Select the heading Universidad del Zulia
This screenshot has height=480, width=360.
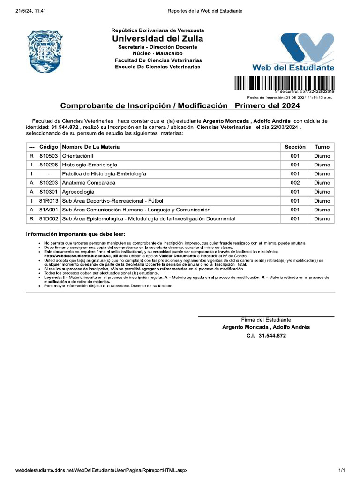[x=158, y=38]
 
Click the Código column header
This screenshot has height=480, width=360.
[x=49, y=147]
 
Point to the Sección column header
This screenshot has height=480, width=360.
[x=295, y=147]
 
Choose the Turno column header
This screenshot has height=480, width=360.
[x=322, y=147]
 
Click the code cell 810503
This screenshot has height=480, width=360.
[x=49, y=156]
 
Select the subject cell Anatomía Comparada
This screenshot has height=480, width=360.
[x=89, y=183]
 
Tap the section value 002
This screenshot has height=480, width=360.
[x=295, y=183]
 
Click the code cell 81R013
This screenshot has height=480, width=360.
[x=49, y=201]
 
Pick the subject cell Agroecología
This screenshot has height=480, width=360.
[x=78, y=192]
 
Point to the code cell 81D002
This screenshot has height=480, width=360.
[x=49, y=218]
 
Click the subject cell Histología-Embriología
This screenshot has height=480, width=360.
[x=90, y=165]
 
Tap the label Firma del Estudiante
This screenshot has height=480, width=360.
[x=266, y=320]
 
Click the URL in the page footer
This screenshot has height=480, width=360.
[x=101, y=470]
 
